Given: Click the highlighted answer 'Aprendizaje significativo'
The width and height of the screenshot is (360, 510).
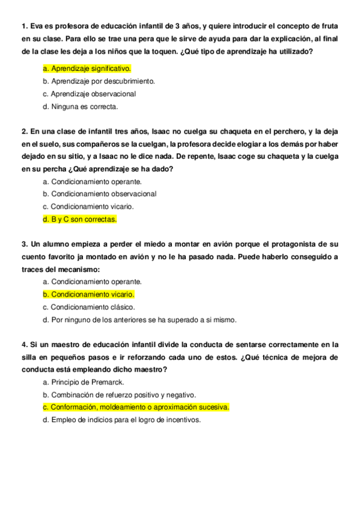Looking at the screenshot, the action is click(x=87, y=69).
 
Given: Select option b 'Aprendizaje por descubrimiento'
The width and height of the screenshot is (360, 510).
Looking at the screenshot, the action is click(x=99, y=81).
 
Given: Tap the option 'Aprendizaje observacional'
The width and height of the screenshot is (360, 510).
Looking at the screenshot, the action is click(x=89, y=94).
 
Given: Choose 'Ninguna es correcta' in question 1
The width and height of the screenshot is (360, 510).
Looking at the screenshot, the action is click(x=81, y=106).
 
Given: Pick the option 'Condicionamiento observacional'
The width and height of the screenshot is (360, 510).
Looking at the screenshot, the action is click(x=99, y=194).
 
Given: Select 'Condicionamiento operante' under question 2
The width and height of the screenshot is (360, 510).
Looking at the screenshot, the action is click(x=92, y=182).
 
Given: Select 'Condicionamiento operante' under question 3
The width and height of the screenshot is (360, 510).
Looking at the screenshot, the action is click(x=92, y=281).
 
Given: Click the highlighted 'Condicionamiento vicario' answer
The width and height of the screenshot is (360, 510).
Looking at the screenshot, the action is click(x=88, y=295).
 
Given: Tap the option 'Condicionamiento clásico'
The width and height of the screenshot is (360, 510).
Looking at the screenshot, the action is click(x=88, y=307).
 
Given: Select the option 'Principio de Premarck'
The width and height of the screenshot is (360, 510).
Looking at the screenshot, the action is click(x=85, y=382).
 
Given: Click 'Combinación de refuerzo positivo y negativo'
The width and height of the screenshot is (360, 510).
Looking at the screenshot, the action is click(x=119, y=395).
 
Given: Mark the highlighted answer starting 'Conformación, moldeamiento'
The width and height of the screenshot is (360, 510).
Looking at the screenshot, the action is click(x=136, y=408).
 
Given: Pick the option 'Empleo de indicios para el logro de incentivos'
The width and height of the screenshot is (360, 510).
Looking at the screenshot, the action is click(x=121, y=420).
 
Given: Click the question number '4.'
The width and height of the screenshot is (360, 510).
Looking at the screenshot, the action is click(x=25, y=345).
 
